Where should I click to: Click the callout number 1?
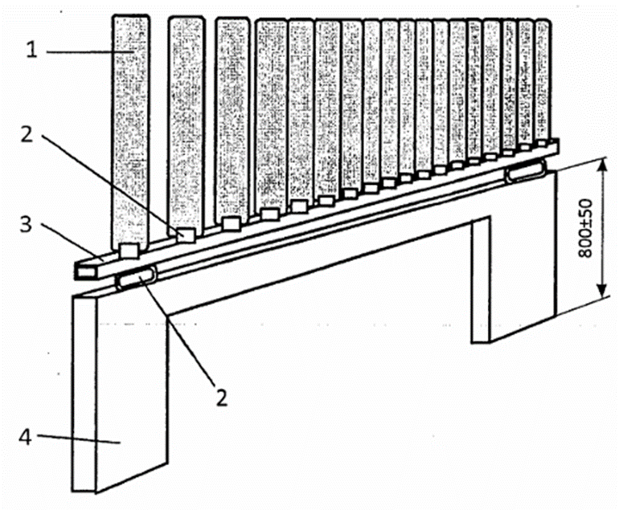(31, 50)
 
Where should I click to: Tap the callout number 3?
(26, 224)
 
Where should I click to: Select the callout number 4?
(25, 437)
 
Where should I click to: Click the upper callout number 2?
(27, 134)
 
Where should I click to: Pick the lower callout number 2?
(222, 398)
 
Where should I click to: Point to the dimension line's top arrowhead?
(601, 165)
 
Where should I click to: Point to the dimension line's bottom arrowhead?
(601, 291)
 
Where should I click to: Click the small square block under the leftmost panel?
(129, 251)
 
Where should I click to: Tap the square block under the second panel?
(185, 235)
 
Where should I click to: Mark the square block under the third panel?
(231, 222)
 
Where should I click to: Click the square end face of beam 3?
(85, 271)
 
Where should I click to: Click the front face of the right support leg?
(481, 281)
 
